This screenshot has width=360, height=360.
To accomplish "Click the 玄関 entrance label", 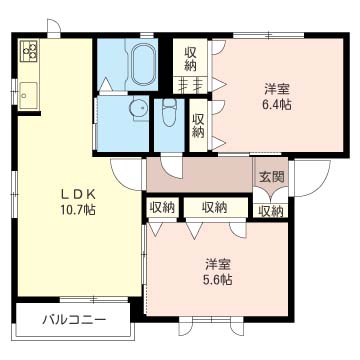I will click(271, 177).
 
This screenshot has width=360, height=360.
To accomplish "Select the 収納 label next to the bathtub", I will click(191, 59).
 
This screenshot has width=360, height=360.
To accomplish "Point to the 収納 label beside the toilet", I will click(198, 125).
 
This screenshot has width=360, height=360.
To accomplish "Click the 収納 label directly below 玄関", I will click(270, 211).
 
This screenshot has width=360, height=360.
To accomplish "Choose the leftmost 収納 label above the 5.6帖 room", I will click(163, 208).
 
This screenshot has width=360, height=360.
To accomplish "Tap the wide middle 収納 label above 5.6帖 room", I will click(212, 208).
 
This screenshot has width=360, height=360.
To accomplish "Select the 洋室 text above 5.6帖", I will click(220, 264).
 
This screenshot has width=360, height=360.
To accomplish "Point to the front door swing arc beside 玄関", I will click(318, 180).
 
